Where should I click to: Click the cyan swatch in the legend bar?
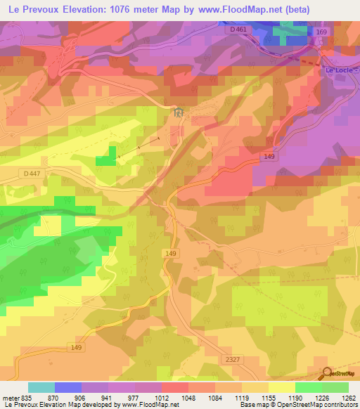[41, 387]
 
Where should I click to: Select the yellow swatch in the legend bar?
[281, 387]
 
